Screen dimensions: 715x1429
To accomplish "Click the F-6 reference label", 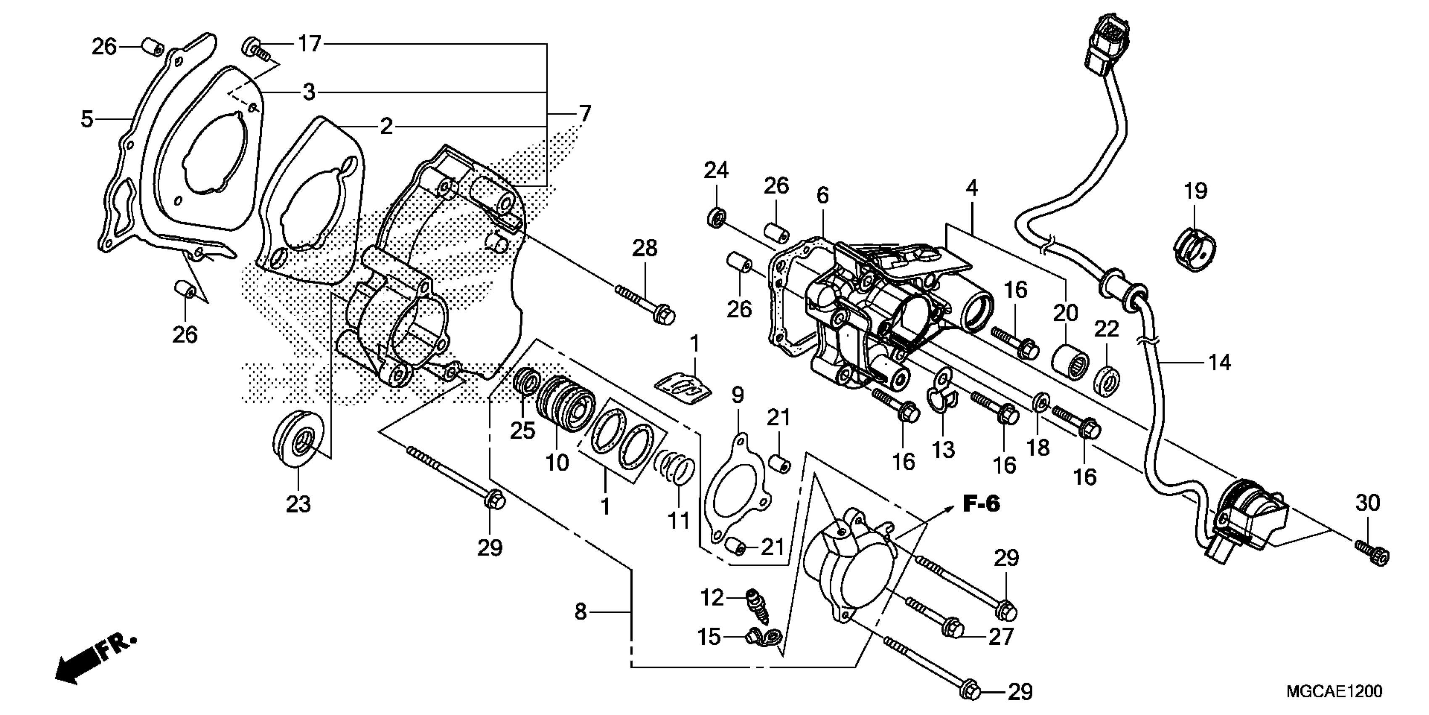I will tap(981, 504).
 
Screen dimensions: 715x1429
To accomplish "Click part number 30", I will tap(1367, 503).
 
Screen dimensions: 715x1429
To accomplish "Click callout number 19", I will tap(1195, 191).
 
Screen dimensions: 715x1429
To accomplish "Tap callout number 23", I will tap(298, 504).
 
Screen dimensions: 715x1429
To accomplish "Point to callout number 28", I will tap(645, 248).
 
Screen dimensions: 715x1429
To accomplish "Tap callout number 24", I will tap(716, 170).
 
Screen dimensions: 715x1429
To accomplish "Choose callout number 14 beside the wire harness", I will tap(1219, 363).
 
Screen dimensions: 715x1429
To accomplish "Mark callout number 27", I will tap(1001, 636).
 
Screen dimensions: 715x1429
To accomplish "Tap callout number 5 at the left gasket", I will tap(87, 119).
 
